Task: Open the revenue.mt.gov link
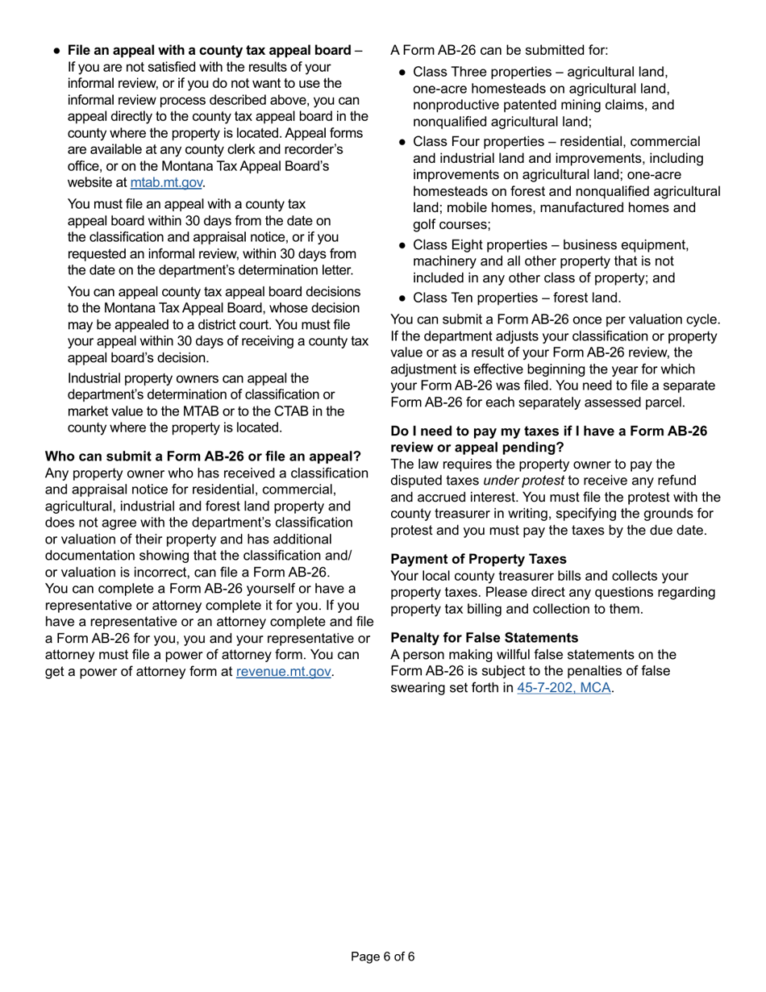coord(283,671)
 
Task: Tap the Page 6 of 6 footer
coord(383,957)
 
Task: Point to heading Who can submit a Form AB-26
coord(202,456)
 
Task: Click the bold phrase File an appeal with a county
coord(209,51)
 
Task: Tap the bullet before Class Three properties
coord(402,74)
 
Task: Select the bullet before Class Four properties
coord(402,142)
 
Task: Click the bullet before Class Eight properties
coord(402,245)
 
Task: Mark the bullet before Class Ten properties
coord(402,297)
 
